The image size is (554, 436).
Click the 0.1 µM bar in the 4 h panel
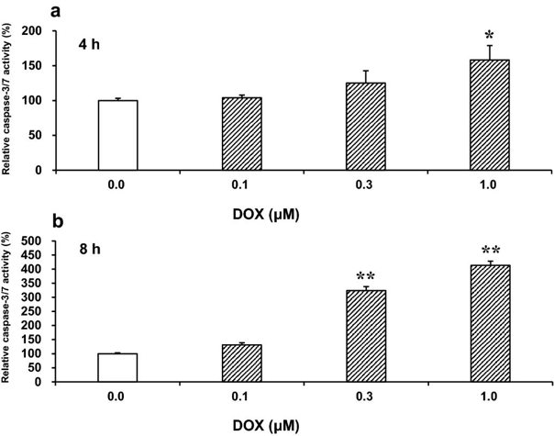click(241, 134)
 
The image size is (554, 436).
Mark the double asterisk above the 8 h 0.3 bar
click(365, 277)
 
